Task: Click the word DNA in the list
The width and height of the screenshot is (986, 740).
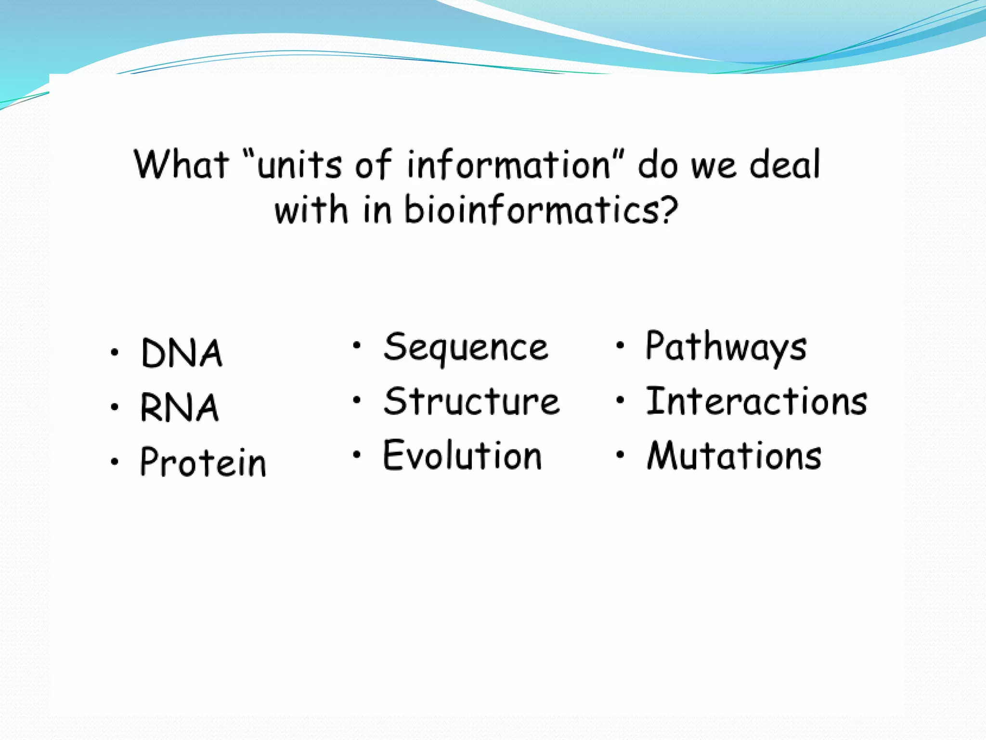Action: [182, 353]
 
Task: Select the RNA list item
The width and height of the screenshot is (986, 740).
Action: [180, 408]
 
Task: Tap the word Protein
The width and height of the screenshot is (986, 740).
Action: [203, 462]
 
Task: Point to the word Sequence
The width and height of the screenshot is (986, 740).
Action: [466, 348]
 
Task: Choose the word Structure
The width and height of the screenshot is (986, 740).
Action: [472, 402]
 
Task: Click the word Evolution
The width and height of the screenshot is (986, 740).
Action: [462, 456]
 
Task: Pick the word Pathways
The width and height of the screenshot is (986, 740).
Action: [726, 347]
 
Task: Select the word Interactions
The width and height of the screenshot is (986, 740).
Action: [756, 401]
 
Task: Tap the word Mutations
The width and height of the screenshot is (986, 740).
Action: [734, 456]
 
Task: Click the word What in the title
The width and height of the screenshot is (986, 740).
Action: [181, 165]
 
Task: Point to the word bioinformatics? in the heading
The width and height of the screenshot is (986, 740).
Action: [541, 211]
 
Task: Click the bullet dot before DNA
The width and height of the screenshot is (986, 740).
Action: [114, 352]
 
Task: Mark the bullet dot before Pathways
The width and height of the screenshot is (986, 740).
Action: [620, 345]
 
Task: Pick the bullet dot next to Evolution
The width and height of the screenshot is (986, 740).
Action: [356, 454]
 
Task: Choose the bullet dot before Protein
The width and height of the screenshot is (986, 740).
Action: [114, 462]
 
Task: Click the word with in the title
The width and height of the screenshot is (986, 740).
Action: [311, 211]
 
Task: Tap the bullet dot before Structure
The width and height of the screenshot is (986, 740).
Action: [356, 400]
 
